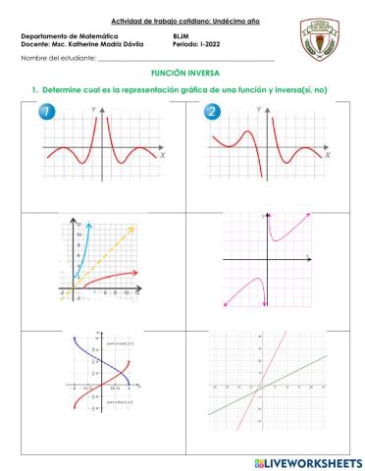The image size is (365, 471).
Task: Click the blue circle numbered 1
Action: point(45,113)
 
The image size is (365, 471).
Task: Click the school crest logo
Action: point(321,37)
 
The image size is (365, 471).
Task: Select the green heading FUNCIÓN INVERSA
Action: point(182,74)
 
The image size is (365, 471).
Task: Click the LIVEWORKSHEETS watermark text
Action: point(312,461)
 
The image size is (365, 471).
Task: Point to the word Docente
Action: point(35,44)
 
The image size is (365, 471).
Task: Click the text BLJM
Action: point(168,36)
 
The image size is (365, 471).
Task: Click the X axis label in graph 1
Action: point(163,156)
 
